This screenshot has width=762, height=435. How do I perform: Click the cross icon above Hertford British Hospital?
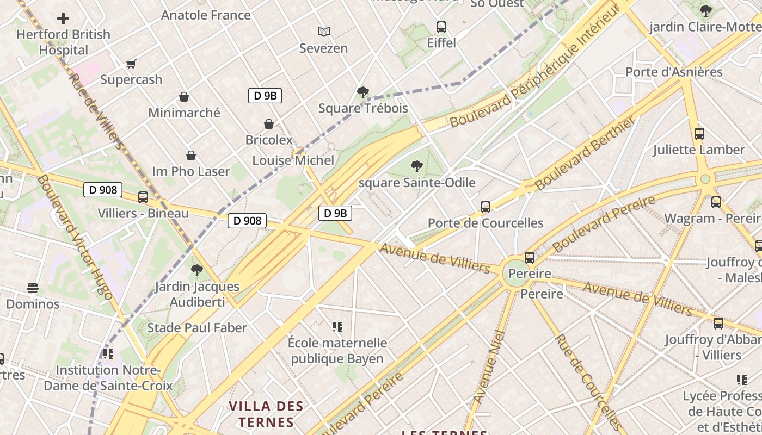click(63, 18)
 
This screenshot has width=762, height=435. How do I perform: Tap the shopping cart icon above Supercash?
click(131, 64)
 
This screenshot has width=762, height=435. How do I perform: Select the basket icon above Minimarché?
click(184, 97)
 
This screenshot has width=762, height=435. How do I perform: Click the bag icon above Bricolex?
click(268, 124)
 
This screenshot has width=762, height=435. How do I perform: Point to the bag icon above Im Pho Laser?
click(191, 156)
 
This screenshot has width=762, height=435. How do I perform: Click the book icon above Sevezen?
click(324, 32)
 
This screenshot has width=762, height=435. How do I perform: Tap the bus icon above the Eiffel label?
click(441, 27)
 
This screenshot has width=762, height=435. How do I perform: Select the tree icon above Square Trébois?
click(363, 92)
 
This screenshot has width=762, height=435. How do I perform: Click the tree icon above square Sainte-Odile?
click(417, 166)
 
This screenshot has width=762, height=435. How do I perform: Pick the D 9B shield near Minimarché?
click(265, 96)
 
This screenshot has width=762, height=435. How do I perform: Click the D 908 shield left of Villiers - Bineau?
click(103, 190)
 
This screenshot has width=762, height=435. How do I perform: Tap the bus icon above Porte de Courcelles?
click(486, 207)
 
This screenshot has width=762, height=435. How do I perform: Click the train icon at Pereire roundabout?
click(530, 258)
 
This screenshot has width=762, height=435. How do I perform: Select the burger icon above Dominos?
click(33, 288)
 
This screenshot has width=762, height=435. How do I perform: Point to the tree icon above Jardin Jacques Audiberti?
click(197, 270)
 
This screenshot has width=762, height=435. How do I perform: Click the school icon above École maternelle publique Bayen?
click(337, 327)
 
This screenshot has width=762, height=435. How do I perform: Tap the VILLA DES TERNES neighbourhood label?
click(266, 414)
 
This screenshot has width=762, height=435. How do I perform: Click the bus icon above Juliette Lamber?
click(699, 133)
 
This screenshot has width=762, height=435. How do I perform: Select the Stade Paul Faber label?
click(197, 328)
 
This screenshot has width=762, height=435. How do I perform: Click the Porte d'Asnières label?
click(674, 72)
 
